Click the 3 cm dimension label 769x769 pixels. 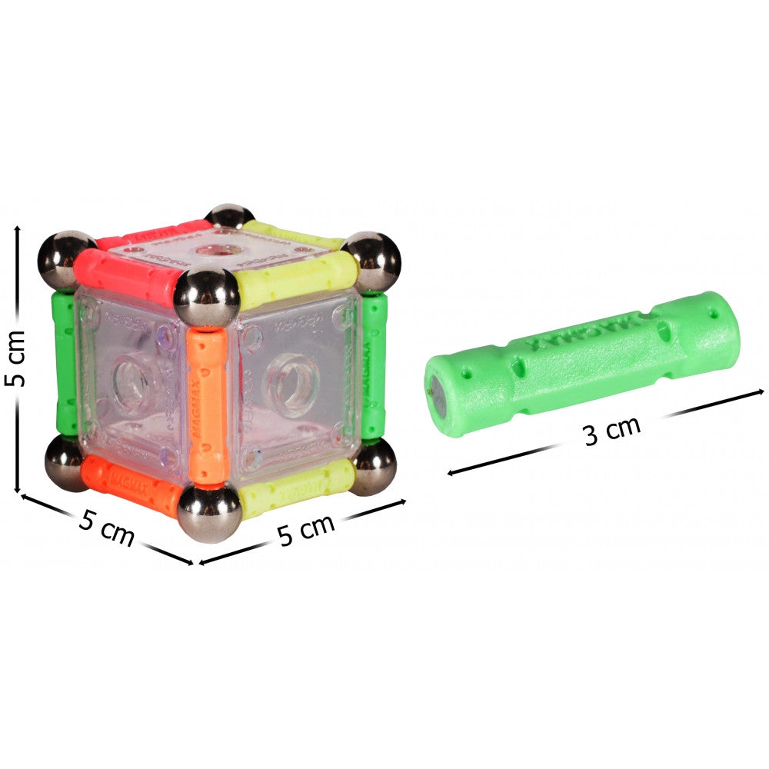pos(611,431)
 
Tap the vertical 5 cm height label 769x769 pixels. pos(17,358)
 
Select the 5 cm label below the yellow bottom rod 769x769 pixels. pos(306,530)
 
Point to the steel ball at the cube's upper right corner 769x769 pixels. pos(372,262)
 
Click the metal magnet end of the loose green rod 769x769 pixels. pos(436,389)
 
